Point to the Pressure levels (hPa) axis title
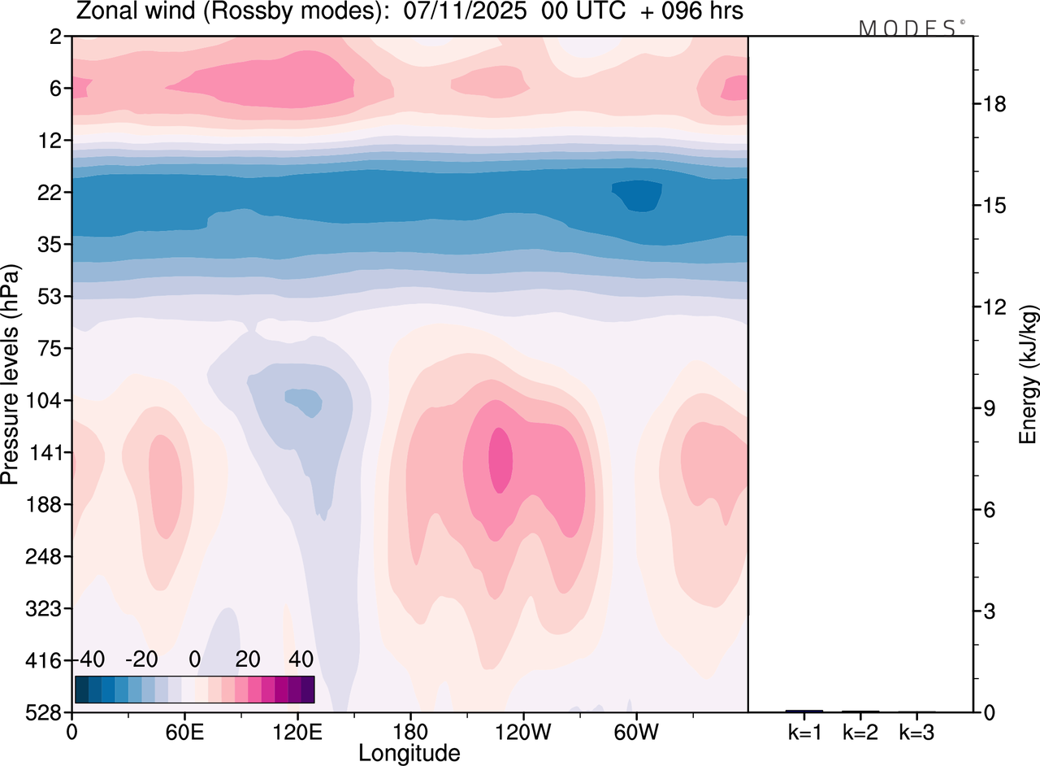(11, 374)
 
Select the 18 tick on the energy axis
(996, 104)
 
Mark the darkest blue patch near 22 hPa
(638, 195)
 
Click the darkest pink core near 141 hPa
(500, 459)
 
